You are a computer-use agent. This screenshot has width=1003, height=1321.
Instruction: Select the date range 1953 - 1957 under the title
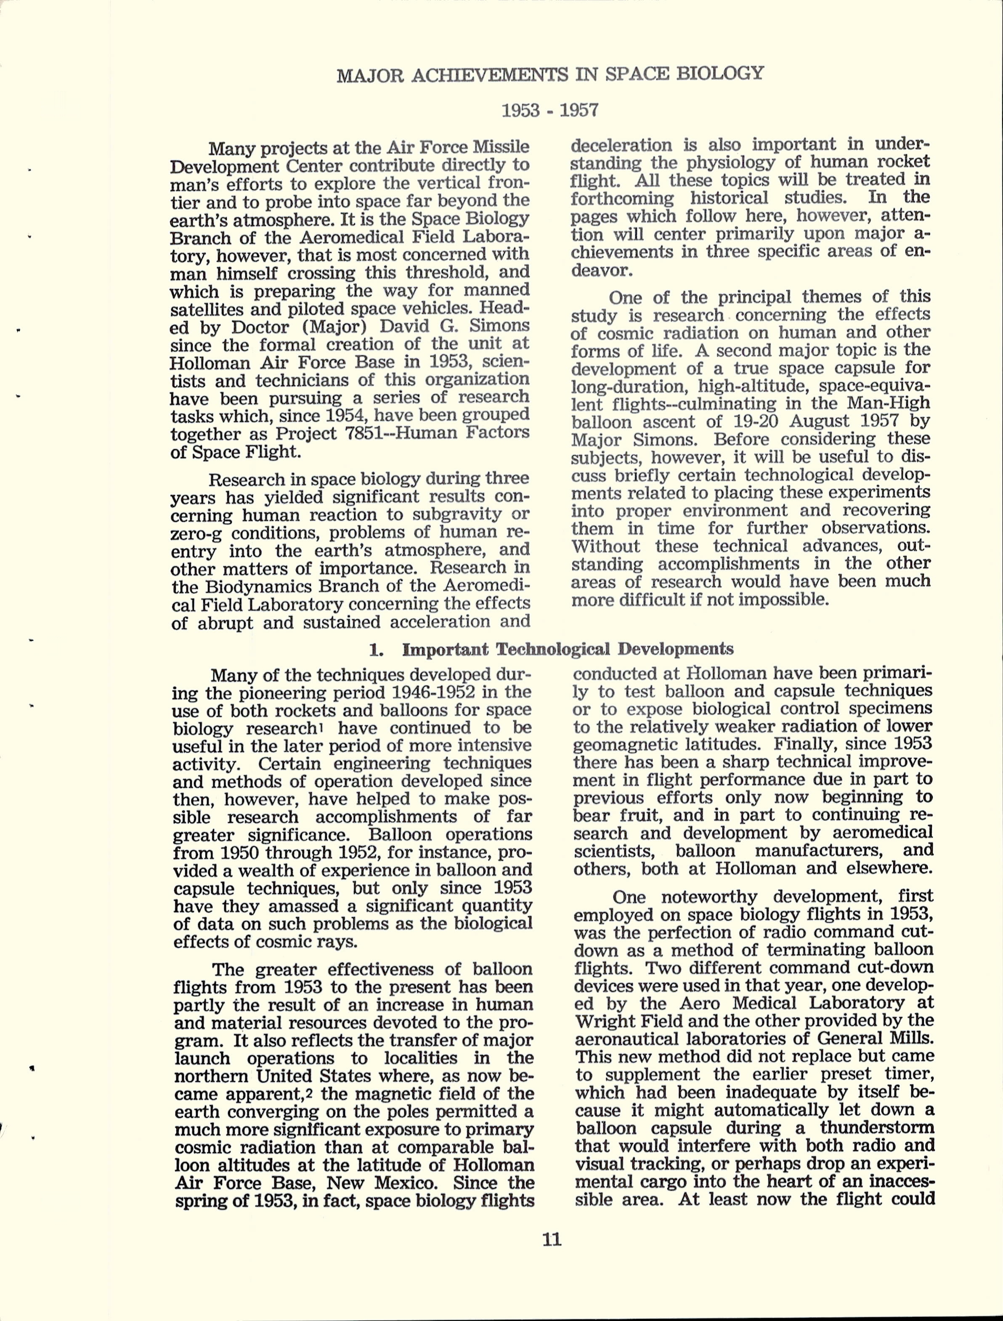click(549, 111)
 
